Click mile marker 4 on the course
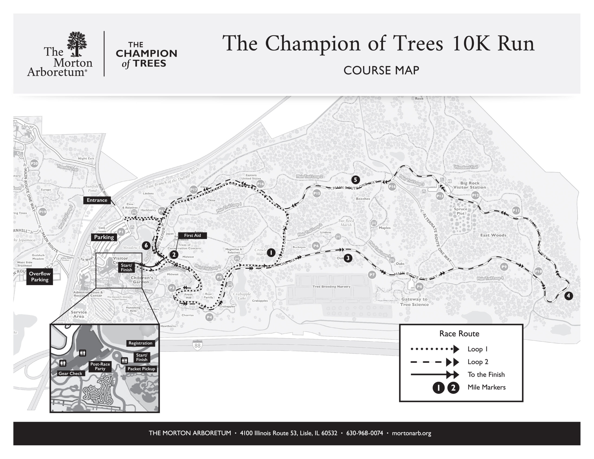point(568,296)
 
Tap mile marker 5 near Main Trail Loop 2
point(355,180)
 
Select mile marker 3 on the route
point(348,258)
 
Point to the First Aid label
point(192,235)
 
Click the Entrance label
point(97,200)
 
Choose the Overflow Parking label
point(40,277)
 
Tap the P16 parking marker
point(260,184)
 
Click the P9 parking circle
point(504,267)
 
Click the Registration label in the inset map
point(140,343)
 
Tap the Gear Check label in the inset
point(70,373)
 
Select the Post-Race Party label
point(100,366)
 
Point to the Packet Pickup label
point(141,369)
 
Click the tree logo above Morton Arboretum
point(77,44)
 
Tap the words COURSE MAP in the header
point(381,71)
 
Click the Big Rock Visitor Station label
point(469,185)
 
